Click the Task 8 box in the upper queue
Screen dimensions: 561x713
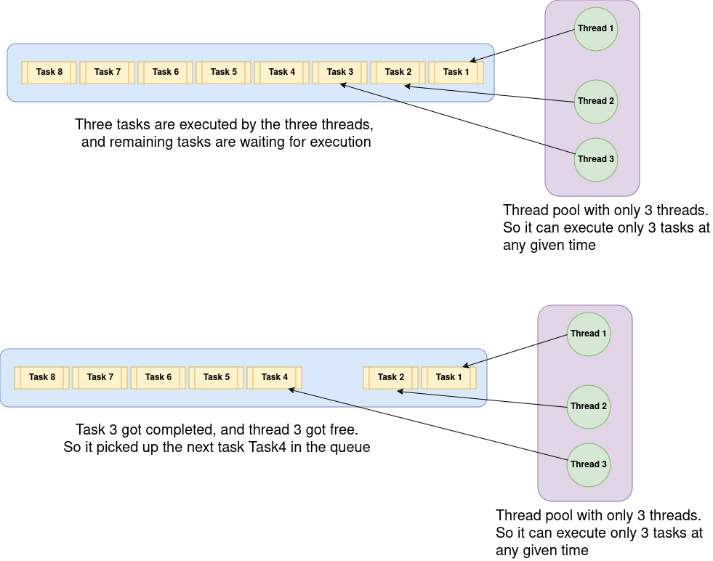[x=49, y=72]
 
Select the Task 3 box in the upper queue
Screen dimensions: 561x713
[x=340, y=72]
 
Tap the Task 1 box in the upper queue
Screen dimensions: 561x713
[x=456, y=72]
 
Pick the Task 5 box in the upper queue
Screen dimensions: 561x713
[x=224, y=72]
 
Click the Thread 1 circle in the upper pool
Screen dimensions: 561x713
[x=596, y=28]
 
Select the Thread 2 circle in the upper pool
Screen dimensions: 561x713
[x=596, y=101]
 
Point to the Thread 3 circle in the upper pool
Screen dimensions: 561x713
[x=596, y=159]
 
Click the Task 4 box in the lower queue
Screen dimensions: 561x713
[x=275, y=377]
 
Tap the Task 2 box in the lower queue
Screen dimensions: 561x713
[x=391, y=377]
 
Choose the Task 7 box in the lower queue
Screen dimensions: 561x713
[x=100, y=377]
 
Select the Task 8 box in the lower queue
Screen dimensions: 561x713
[x=42, y=377]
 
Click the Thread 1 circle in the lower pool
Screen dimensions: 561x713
[x=589, y=334]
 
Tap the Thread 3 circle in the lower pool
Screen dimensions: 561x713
[x=589, y=464]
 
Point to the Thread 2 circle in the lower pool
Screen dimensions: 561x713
[x=589, y=406]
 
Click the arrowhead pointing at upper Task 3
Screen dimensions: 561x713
[x=342, y=85]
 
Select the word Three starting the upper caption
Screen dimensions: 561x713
[x=94, y=124]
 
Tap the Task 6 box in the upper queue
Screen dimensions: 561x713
[x=166, y=72]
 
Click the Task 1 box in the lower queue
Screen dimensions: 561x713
[x=449, y=377]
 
